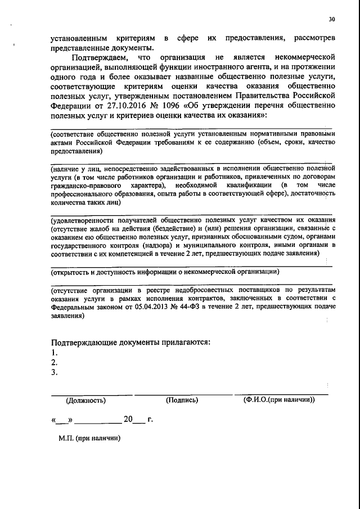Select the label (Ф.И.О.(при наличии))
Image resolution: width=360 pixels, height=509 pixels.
click(280, 400)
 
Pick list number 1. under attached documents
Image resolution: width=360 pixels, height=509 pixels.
click(54, 353)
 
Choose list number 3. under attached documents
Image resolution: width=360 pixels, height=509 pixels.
click(54, 372)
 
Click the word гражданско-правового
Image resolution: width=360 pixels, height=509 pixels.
click(86, 185)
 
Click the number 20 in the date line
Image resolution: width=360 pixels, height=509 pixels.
click(128, 419)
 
